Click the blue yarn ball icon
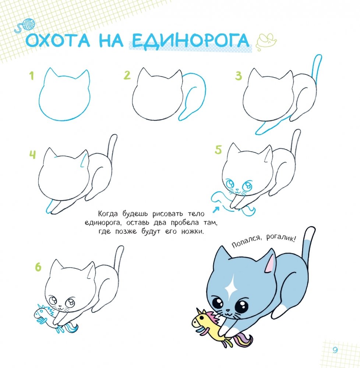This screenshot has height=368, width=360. [29, 24]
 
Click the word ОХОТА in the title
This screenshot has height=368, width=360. [57, 40]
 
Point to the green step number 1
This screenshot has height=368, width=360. [32, 76]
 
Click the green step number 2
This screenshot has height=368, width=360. [127, 75]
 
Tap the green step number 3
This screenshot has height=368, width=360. [239, 76]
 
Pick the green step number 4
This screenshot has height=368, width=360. [32, 154]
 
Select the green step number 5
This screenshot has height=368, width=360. [218, 150]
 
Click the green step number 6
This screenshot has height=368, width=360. [38, 267]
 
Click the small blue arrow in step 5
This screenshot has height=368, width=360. [216, 209]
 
